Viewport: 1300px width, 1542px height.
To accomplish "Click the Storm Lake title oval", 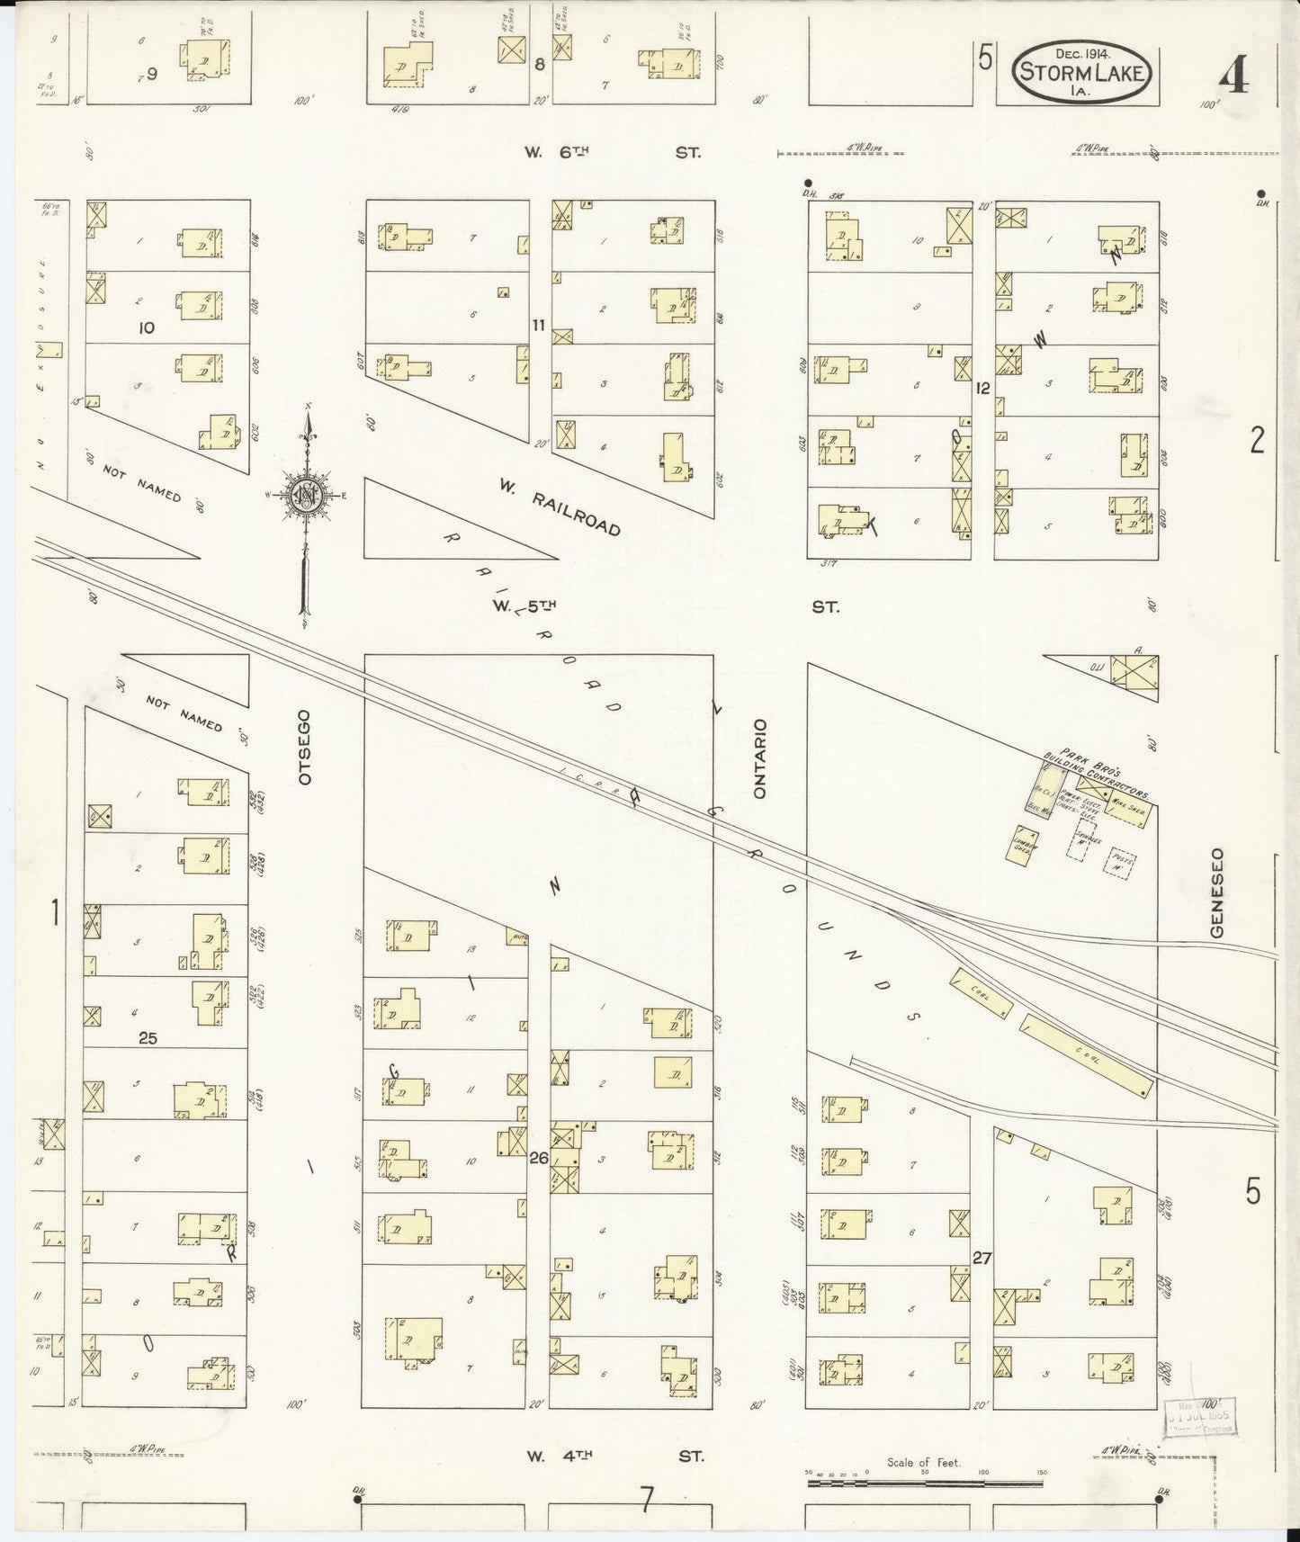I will (1083, 71).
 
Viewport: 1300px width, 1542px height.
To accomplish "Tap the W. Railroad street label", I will (560, 507).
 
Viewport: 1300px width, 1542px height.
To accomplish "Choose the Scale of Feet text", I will (924, 1462).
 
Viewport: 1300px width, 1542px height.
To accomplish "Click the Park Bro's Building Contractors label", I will (1105, 774).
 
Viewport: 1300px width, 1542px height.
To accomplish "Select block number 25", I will (148, 1037).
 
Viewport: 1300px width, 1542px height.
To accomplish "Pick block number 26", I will (538, 1157).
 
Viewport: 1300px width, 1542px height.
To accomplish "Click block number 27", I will (981, 1258).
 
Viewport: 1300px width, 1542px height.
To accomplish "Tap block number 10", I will (146, 327).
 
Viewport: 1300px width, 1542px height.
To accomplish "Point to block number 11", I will (538, 325).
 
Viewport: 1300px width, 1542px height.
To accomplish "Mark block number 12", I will (982, 389).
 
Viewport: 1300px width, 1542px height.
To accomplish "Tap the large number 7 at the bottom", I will (646, 1498).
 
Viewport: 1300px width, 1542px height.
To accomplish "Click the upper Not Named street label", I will (141, 484).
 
